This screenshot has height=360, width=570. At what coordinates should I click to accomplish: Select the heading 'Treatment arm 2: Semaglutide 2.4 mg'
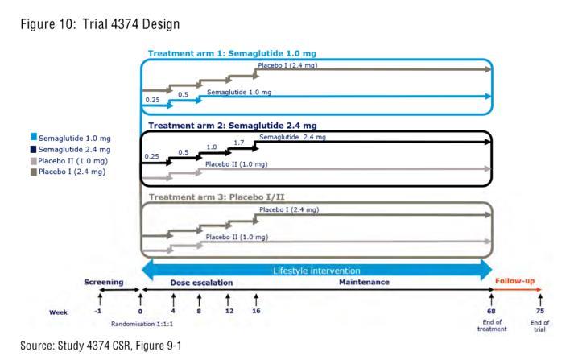tap(231, 126)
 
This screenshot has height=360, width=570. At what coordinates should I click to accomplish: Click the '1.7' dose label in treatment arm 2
tap(238, 143)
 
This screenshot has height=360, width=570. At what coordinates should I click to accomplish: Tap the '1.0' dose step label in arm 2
tap(212, 147)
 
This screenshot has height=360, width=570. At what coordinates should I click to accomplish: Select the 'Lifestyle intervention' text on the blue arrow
tap(316, 270)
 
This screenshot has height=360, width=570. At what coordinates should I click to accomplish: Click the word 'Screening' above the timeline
tap(105, 283)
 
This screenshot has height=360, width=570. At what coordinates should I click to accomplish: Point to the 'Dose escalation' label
tap(201, 283)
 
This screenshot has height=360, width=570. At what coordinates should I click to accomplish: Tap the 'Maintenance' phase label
tap(365, 283)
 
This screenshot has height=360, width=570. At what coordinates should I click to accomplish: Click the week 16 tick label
tap(256, 310)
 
